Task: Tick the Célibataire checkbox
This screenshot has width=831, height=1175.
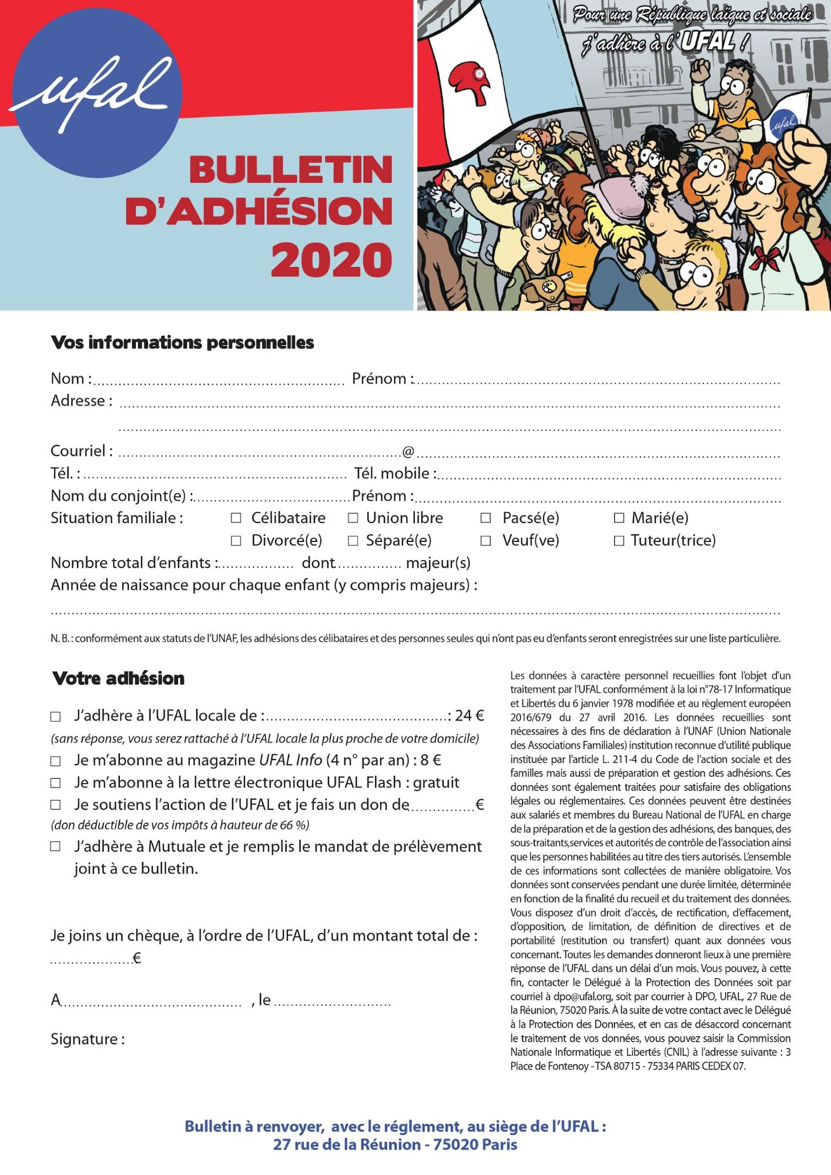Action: click(x=236, y=518)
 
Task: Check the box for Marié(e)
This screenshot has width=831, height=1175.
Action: click(x=619, y=518)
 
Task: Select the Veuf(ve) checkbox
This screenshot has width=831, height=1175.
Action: click(x=485, y=541)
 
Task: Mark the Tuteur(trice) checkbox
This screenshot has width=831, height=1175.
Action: click(x=619, y=541)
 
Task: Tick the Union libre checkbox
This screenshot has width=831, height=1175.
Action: click(x=353, y=518)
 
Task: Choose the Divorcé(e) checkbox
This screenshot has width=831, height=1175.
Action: click(x=236, y=541)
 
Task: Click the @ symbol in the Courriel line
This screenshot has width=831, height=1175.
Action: click(x=408, y=451)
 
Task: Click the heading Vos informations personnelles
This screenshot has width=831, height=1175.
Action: click(x=182, y=343)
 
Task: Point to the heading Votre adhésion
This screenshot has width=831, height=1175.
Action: click(x=118, y=678)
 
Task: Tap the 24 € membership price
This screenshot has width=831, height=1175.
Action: click(x=469, y=716)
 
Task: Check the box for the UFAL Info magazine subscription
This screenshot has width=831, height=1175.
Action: click(x=55, y=761)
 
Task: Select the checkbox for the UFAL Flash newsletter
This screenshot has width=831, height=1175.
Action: click(x=55, y=784)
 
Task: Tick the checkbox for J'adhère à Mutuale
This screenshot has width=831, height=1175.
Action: click(x=55, y=847)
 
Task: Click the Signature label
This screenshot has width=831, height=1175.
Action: click(x=88, y=1040)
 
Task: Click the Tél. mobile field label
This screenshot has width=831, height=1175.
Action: click(x=395, y=474)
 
